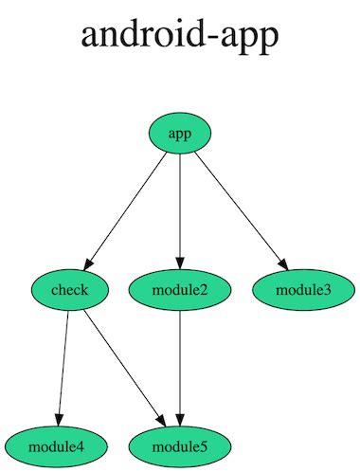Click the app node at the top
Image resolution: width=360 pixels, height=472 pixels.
tap(180, 134)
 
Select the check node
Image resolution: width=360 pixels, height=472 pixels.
tap(69, 289)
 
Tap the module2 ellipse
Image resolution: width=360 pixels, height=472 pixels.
tap(180, 289)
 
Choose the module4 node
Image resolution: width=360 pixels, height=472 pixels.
tap(56, 445)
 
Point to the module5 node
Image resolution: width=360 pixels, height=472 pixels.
tap(180, 445)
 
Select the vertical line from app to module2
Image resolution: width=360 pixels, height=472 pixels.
tap(180, 209)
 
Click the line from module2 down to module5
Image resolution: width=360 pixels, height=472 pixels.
tap(180, 365)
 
